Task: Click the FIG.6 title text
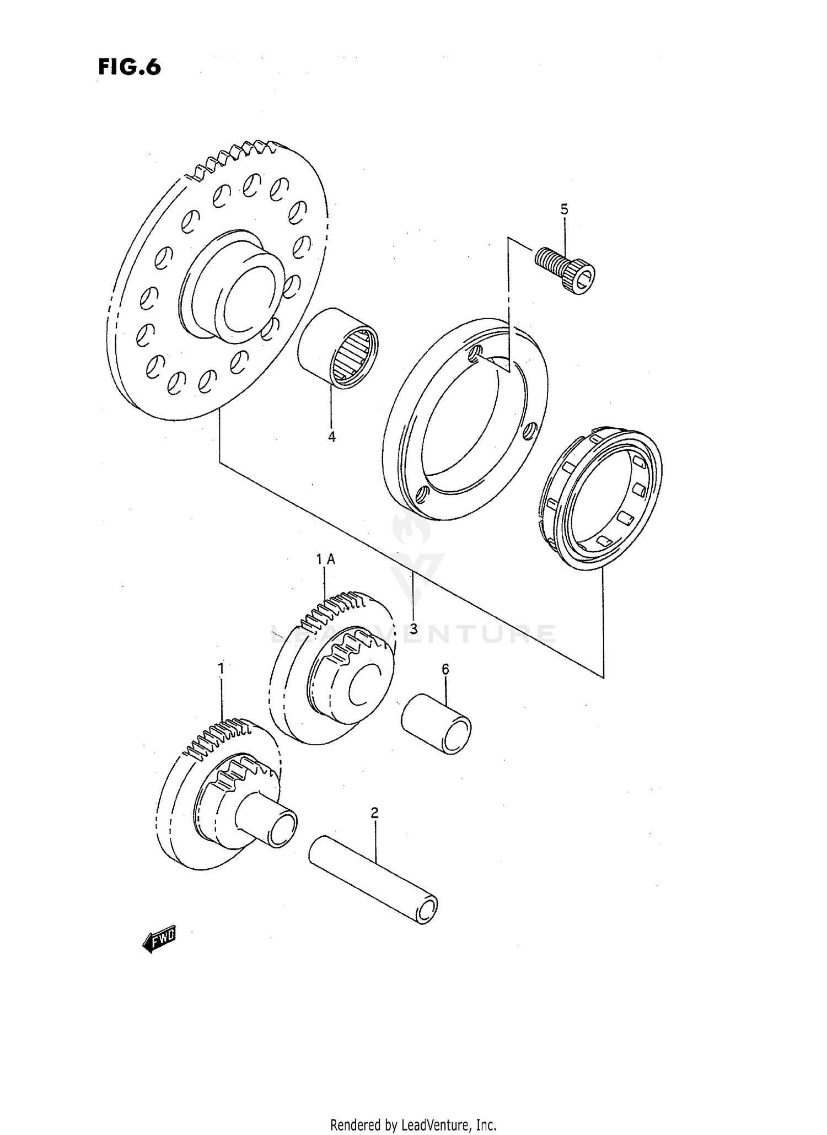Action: tap(130, 67)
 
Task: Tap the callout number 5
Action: tap(564, 209)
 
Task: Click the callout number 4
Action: tap(332, 437)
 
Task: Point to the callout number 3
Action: tap(413, 628)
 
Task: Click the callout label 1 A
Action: tap(325, 559)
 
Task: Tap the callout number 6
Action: tap(445, 669)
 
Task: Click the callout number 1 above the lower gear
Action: tap(221, 669)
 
